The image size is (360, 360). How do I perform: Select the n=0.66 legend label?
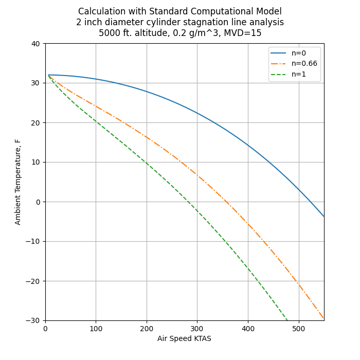[x=304, y=64]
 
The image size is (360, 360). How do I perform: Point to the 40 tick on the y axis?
[x=36, y=44]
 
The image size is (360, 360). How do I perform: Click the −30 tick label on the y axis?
[x=34, y=320]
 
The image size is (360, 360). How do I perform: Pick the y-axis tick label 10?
[x=36, y=162]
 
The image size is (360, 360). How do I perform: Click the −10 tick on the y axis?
[x=34, y=241]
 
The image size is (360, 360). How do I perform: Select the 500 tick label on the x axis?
[x=299, y=329]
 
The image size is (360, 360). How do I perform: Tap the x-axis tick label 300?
[x=197, y=329]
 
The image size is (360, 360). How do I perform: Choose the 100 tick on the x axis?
[x=96, y=329]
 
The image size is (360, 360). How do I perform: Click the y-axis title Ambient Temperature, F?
[x=18, y=182]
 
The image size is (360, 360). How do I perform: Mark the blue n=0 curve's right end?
[x=324, y=217]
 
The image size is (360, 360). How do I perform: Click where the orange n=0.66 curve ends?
[x=324, y=319]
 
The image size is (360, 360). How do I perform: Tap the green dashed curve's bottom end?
[x=287, y=320]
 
